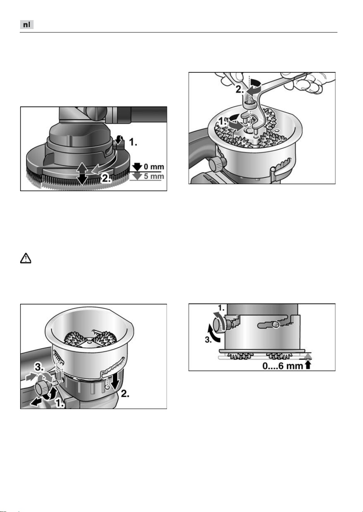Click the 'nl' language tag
tap(27, 25)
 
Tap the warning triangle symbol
tap(26, 258)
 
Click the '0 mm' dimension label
tap(154, 166)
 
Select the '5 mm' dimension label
tap(154, 176)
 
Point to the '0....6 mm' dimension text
tap(282, 366)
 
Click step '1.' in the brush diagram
tap(133, 142)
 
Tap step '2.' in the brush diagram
tap(106, 178)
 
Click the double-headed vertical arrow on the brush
tap(82, 173)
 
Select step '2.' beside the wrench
tap(240, 90)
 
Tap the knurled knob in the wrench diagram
tap(216, 163)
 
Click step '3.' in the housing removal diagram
tap(39, 368)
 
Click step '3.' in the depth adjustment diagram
tap(208, 340)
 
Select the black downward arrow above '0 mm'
tap(137, 167)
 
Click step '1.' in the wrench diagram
tap(224, 122)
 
